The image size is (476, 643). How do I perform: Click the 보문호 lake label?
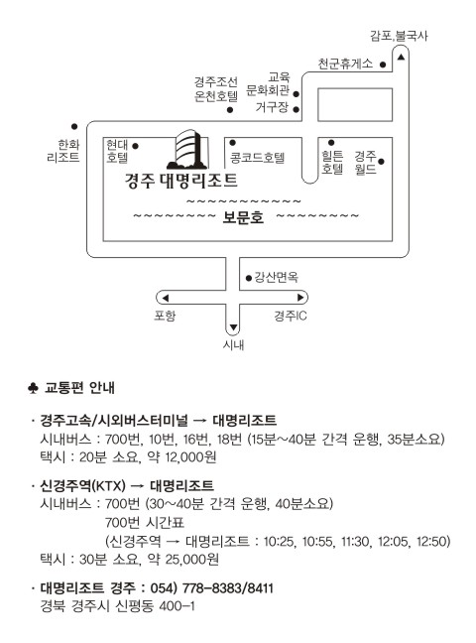(243, 217)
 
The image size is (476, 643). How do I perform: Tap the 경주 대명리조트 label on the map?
(181, 181)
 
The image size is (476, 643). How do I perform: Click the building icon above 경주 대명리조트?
(187, 149)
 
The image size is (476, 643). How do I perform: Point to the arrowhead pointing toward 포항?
(166, 298)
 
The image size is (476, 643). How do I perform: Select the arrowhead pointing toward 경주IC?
(300, 298)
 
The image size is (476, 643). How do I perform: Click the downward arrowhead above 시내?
(233, 327)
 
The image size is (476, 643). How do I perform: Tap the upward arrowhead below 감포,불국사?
(401, 57)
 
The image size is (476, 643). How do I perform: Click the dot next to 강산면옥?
(249, 278)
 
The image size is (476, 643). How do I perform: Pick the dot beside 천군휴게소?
(383, 64)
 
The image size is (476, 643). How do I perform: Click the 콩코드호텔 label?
(257, 158)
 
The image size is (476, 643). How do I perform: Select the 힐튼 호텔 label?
(332, 162)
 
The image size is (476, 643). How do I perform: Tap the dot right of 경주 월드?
(381, 162)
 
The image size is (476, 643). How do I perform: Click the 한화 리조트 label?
(63, 151)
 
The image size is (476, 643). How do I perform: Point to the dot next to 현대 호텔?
(135, 146)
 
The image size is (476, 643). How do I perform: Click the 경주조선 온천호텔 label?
(216, 89)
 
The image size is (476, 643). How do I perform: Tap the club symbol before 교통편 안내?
(33, 388)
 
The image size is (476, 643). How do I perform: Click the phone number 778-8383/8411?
(227, 588)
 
